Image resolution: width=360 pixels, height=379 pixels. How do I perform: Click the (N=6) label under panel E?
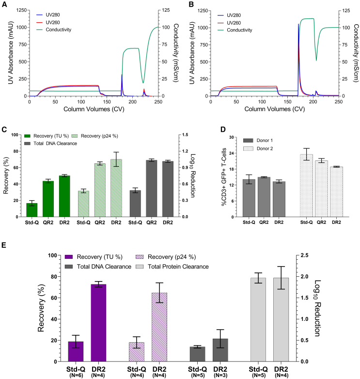pyautogui.click(x=76, y=374)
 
